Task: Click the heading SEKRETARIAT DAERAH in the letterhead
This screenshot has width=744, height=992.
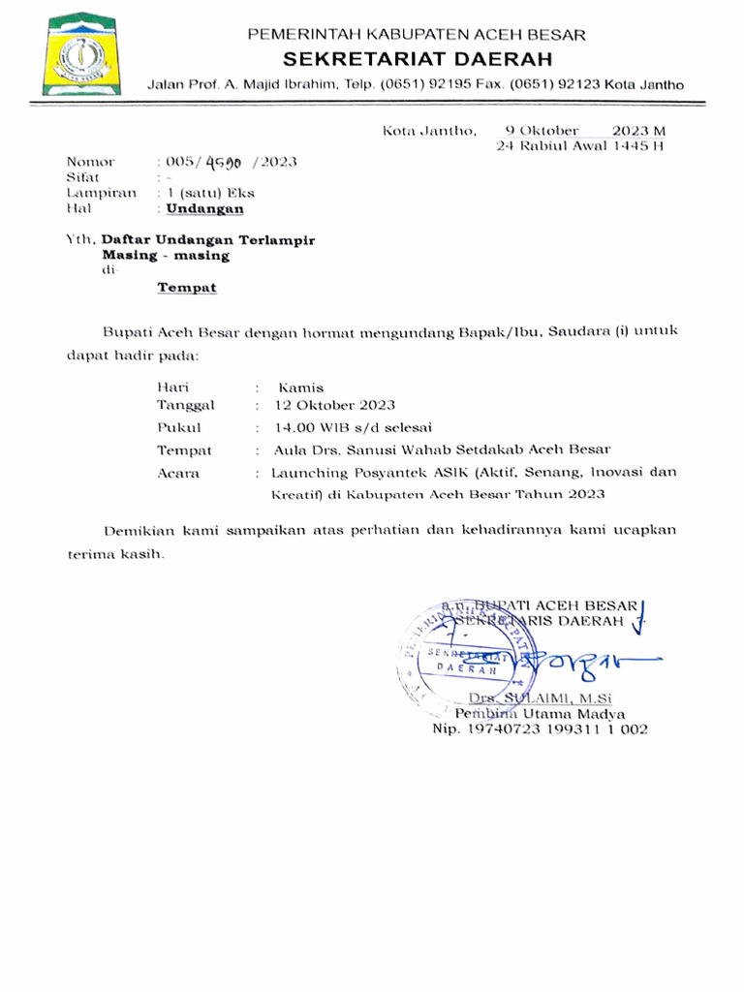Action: click(417, 59)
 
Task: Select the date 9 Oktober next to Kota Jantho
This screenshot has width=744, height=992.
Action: click(542, 131)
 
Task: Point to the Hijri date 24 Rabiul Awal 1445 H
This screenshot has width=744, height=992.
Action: click(580, 146)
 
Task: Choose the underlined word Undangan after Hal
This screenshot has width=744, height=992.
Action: click(204, 207)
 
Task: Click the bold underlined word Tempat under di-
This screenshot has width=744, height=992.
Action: click(188, 288)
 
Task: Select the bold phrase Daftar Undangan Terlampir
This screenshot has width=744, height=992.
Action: click(208, 238)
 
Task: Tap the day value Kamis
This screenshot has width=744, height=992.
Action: click(300, 387)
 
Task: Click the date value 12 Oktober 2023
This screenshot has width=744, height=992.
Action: click(334, 405)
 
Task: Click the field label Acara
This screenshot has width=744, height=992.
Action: click(178, 473)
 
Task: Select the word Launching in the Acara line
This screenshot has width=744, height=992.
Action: click(308, 473)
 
